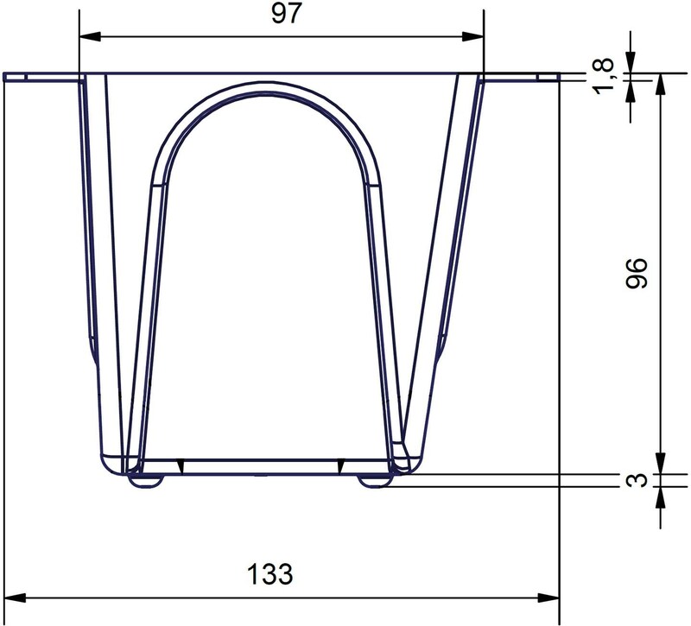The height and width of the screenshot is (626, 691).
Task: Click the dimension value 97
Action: pyautogui.click(x=286, y=14)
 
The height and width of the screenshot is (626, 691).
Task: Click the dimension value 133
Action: pyautogui.click(x=269, y=574)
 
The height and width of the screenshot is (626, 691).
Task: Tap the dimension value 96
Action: pyautogui.click(x=637, y=274)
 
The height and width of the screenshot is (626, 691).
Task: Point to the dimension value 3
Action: pyautogui.click(x=637, y=480)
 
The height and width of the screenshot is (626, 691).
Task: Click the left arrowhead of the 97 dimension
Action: pyautogui.click(x=90, y=36)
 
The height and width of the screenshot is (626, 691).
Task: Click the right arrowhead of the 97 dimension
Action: pyautogui.click(x=472, y=36)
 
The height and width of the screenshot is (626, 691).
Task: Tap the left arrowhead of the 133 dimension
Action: pyautogui.click(x=15, y=598)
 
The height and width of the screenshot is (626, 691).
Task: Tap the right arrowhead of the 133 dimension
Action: pyautogui.click(x=548, y=598)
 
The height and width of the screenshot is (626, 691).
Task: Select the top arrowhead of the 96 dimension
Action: pyautogui.click(x=660, y=84)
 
